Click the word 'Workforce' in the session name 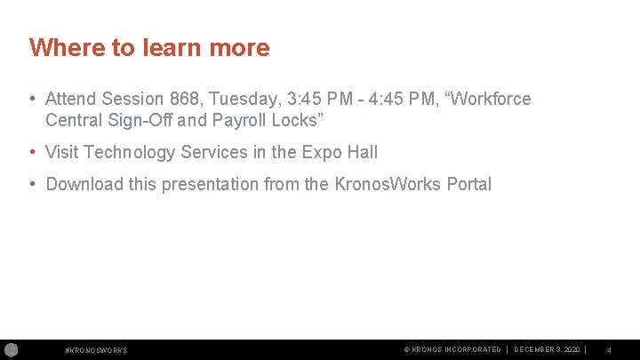pos(492,99)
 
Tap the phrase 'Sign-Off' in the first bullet pos(132,120)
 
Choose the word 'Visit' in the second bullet pos(62,152)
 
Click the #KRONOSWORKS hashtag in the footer pos(97,350)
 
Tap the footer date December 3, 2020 pos(548,349)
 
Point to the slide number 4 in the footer pos(609,350)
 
